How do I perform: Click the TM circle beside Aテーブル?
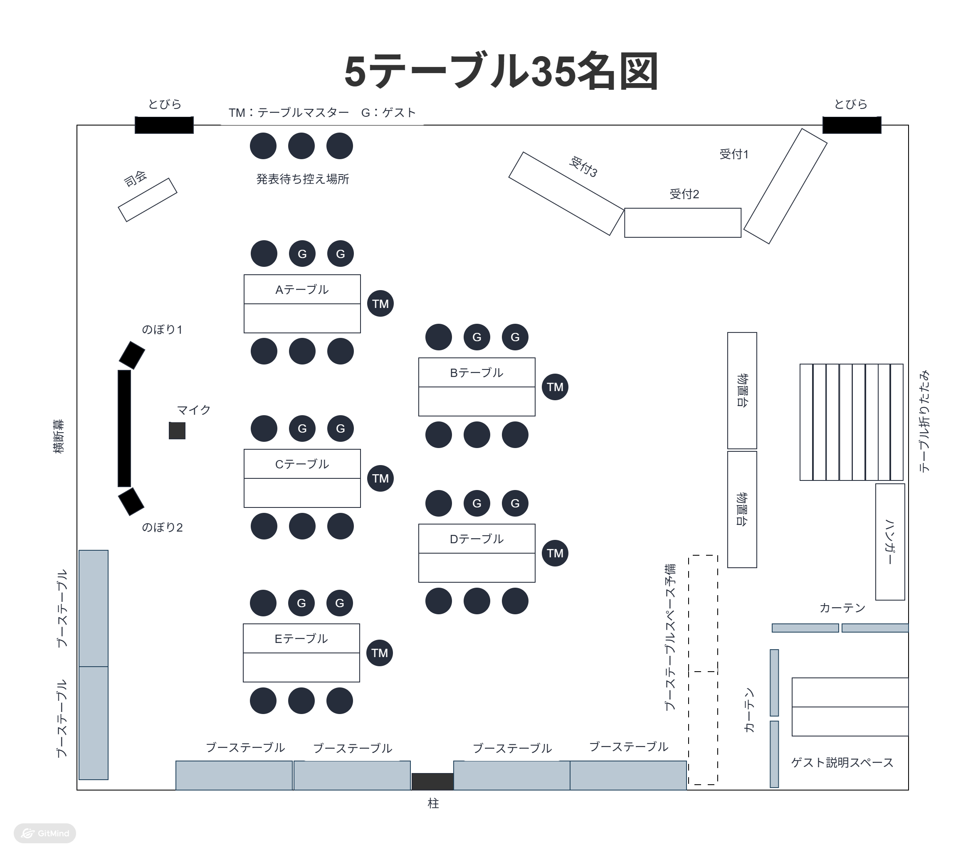point(380,304)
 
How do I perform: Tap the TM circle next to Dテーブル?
point(555,553)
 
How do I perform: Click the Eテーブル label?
point(301,639)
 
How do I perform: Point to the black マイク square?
point(177,431)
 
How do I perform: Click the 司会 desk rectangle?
point(147,200)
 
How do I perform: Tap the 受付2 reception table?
point(683,223)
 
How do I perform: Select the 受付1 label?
point(734,155)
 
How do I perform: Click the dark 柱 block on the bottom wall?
point(432,781)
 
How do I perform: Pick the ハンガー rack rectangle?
point(890,542)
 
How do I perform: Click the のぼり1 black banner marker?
point(131,355)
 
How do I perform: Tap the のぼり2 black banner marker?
point(131,502)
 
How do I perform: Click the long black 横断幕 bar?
point(124,428)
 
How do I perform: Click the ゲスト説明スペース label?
point(842,763)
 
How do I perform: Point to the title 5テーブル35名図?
point(501,72)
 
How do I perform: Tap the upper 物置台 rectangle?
point(742,391)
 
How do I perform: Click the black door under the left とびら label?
point(164,125)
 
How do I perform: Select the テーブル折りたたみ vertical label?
point(924,421)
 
